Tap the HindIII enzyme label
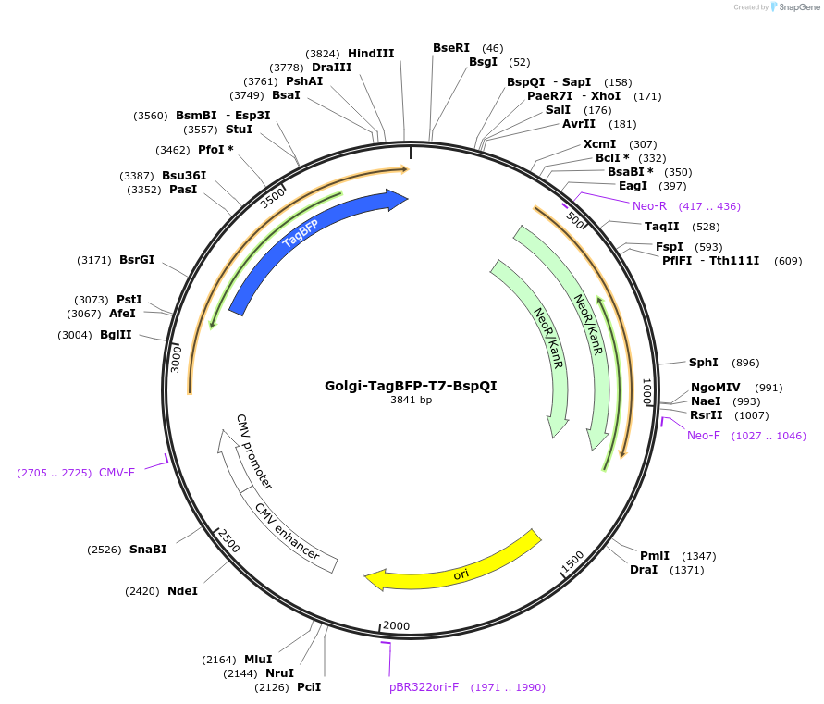tap(371, 53)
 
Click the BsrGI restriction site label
tap(137, 259)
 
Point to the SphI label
tap(703, 363)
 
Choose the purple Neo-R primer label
tap(649, 206)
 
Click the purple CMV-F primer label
tap(117, 472)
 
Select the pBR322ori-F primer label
tap(424, 687)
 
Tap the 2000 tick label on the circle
tap(396, 625)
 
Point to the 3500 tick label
tap(273, 198)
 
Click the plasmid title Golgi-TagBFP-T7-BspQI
tap(411, 386)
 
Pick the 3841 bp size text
tap(411, 401)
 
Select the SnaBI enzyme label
tap(148, 549)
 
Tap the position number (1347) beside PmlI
tap(699, 556)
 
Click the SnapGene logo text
tap(799, 6)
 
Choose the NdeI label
tap(183, 591)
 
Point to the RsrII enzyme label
tap(707, 414)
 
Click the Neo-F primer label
tap(704, 436)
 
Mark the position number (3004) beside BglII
tap(75, 335)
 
